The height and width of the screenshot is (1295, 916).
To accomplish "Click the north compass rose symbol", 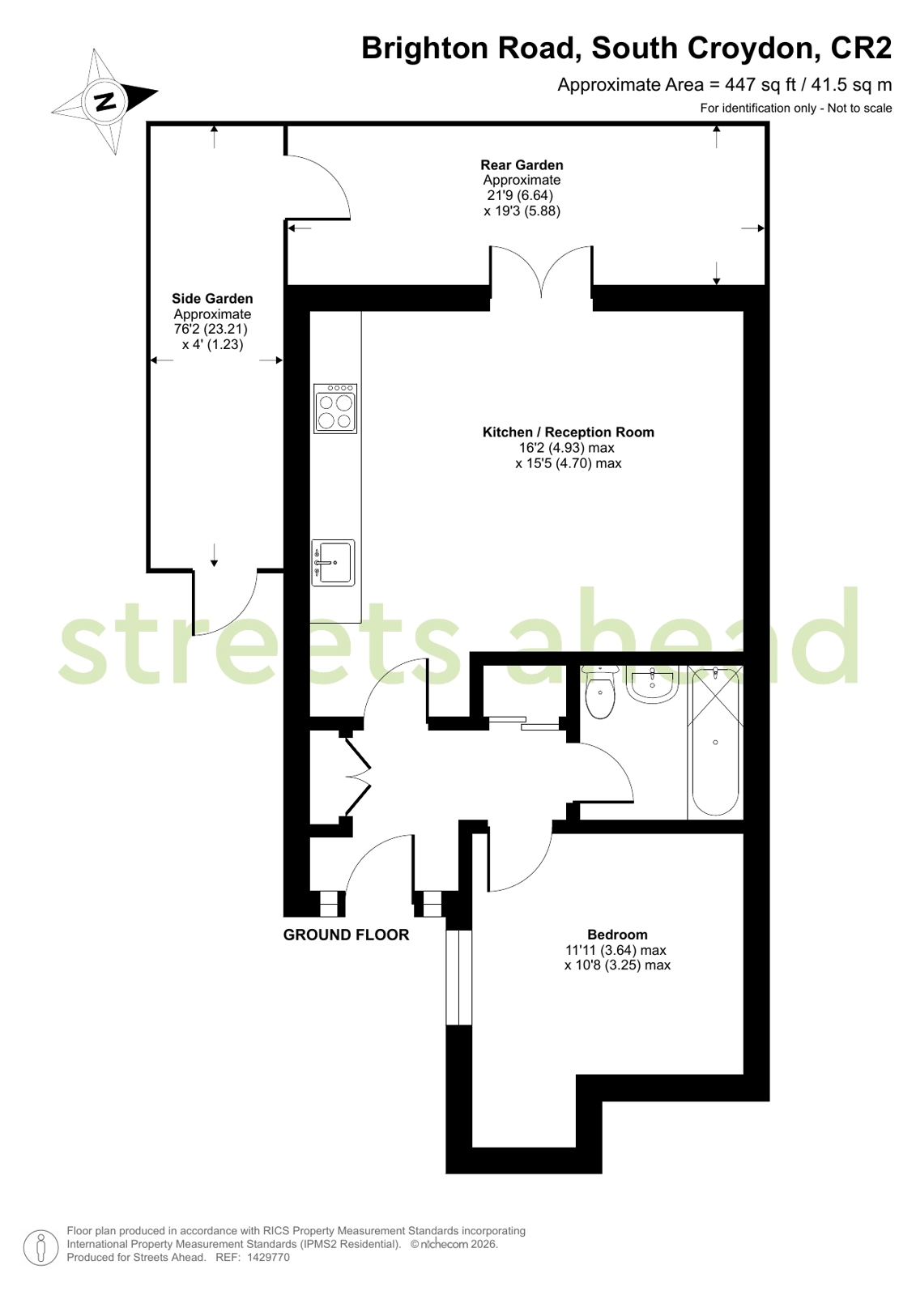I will click(104, 100).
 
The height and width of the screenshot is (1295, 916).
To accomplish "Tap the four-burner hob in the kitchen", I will click(335, 409).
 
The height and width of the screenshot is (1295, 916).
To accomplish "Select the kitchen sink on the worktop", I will click(334, 562).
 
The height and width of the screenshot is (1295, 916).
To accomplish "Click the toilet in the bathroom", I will click(600, 694).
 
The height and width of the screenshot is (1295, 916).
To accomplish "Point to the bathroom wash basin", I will click(652, 687).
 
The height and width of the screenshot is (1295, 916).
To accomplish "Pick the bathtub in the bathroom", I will click(715, 742).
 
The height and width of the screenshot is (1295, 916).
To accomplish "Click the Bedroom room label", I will click(617, 934).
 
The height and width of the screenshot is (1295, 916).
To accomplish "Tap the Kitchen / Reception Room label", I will click(568, 432).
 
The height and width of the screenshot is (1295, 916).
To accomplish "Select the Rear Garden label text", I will click(522, 165).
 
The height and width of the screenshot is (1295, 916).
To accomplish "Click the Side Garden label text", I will click(212, 299).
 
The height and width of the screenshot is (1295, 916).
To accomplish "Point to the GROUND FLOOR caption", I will click(346, 935).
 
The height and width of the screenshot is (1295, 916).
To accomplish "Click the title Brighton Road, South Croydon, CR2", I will click(626, 49).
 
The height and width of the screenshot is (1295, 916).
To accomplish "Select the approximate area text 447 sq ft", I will click(724, 84).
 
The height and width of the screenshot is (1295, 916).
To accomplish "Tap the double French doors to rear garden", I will click(541, 275).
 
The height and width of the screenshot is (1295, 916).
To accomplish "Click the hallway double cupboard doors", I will click(357, 775).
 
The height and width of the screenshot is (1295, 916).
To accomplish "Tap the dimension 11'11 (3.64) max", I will click(616, 950).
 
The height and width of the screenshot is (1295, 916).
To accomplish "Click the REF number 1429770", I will click(268, 1258).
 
